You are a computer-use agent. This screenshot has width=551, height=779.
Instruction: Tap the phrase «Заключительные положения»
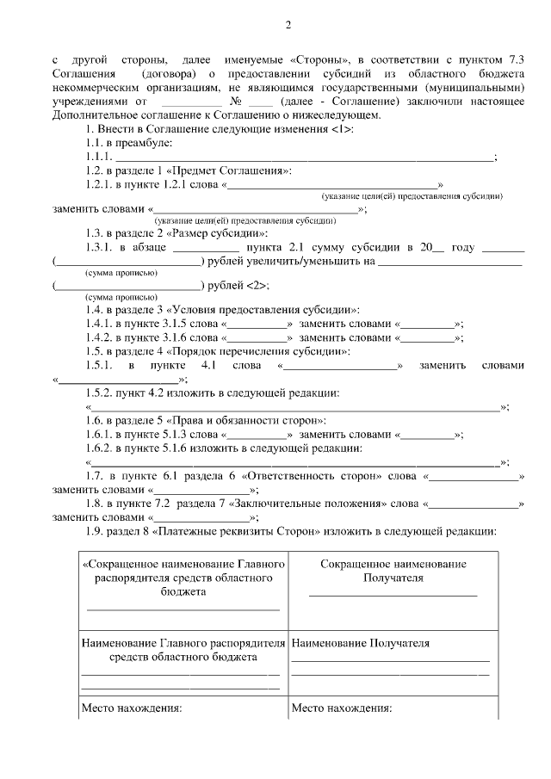313,504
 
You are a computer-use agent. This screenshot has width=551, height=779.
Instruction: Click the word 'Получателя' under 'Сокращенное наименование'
393,578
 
